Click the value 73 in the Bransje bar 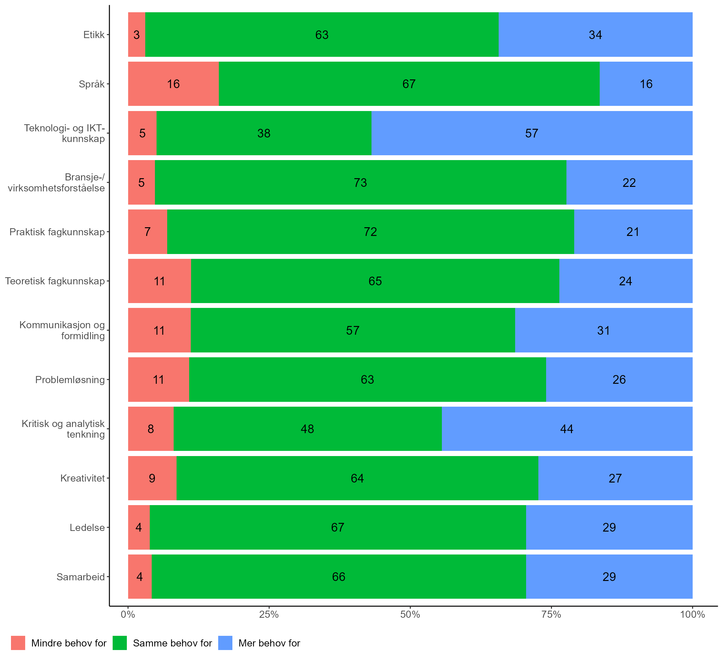point(360,183)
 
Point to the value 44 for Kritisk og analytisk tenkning point(567,429)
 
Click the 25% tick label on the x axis point(269,615)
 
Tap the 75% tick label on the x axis point(551,615)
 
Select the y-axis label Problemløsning point(70,380)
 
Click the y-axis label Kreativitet point(83,478)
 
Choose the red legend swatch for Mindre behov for point(18,643)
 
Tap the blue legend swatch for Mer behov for point(225,643)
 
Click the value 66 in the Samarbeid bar point(339,577)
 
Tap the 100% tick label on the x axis point(692,615)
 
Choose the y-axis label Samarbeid point(81,577)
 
